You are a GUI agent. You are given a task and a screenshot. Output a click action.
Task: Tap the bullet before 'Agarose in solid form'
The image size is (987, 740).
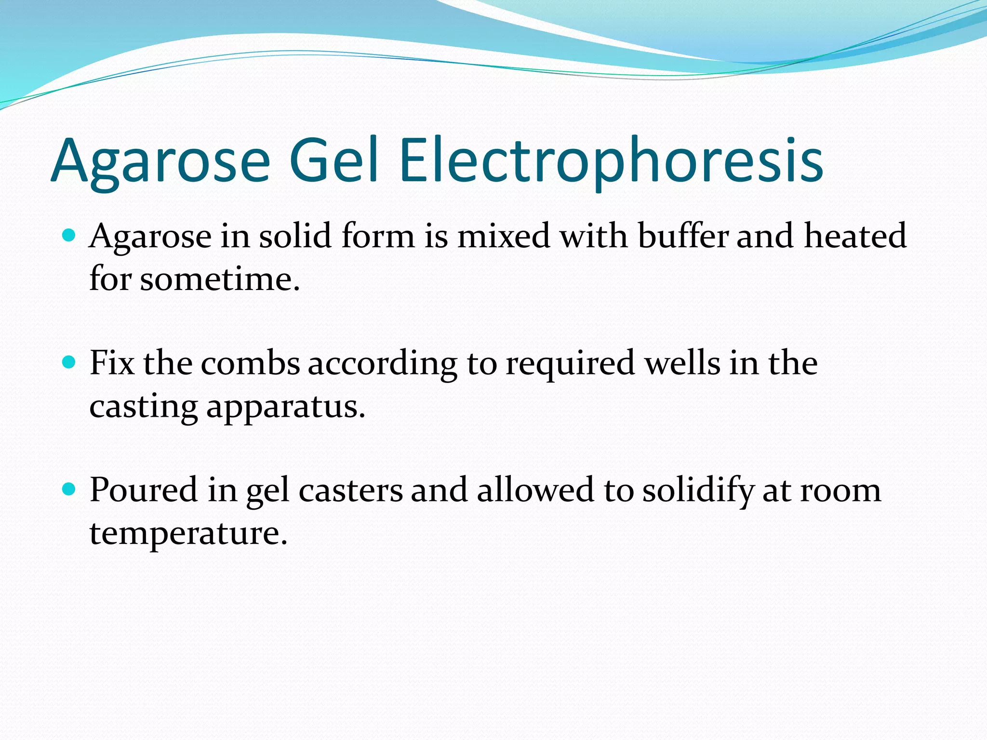[x=69, y=236]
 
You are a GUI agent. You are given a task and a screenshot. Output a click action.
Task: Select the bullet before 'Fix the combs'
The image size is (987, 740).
[x=69, y=362]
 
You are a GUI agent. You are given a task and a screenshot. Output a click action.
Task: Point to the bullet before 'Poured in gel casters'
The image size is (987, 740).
[x=69, y=489]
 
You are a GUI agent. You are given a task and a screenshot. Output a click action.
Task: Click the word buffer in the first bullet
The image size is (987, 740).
[x=683, y=236]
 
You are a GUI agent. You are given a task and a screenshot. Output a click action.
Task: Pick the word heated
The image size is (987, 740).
[x=855, y=236]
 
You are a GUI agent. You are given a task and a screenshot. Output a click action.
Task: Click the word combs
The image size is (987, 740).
[x=251, y=363]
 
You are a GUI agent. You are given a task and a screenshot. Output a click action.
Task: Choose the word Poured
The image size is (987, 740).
[x=144, y=490]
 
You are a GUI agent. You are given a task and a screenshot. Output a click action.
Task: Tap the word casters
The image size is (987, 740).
[x=350, y=490]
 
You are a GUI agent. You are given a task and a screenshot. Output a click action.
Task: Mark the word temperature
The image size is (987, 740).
[x=188, y=534]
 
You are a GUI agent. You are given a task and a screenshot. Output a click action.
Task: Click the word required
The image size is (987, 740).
[x=570, y=364]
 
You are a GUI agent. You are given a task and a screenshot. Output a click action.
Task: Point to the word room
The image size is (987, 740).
[x=840, y=490]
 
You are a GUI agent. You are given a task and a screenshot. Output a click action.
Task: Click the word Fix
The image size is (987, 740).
[x=112, y=363]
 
